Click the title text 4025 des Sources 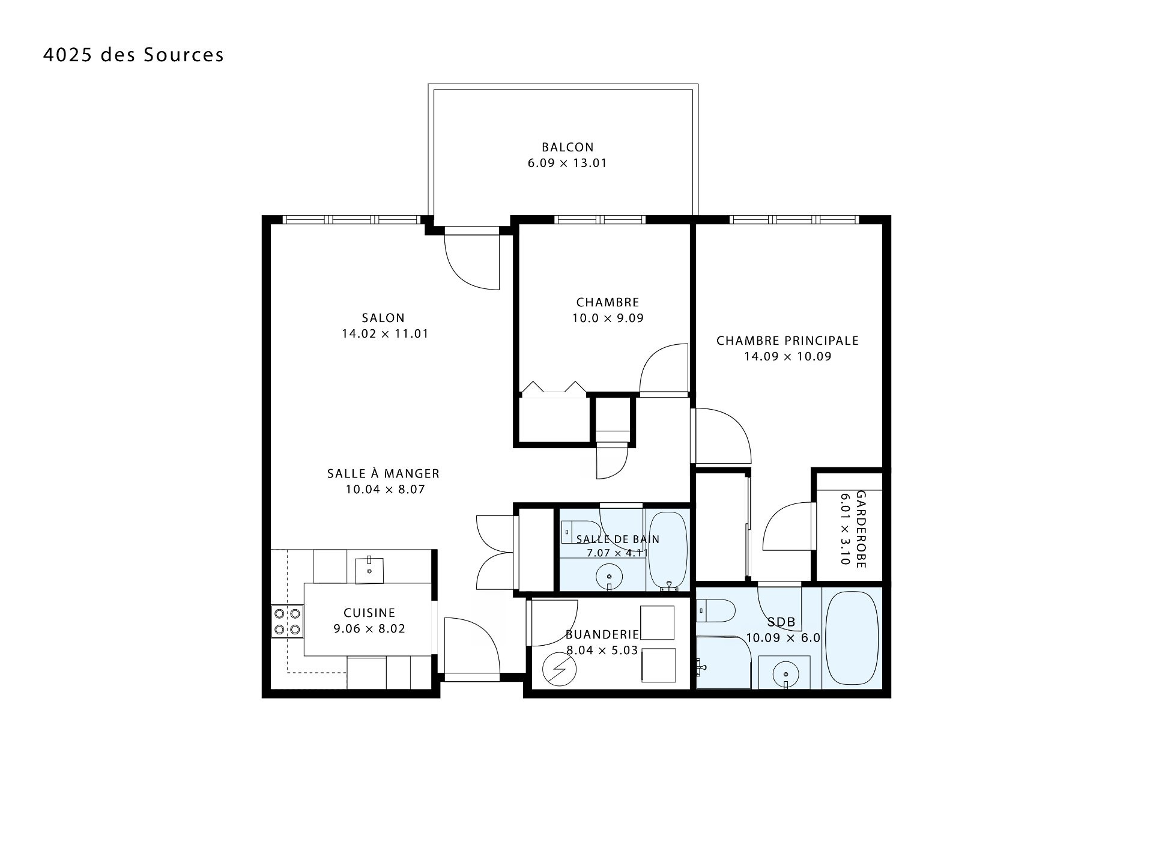click(133, 55)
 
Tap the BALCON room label click(567, 147)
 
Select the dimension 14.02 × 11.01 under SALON click(385, 334)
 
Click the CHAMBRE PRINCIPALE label click(787, 341)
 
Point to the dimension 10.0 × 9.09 click(608, 318)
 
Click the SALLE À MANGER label click(383, 473)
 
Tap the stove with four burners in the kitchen click(287, 622)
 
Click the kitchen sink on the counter click(369, 569)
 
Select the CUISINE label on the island click(369, 613)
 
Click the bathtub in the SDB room click(852, 638)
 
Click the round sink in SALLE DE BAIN click(609, 578)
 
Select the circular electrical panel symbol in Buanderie click(559, 669)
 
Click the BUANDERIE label click(602, 634)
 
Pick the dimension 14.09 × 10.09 click(788, 357)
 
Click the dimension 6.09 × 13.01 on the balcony click(567, 163)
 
